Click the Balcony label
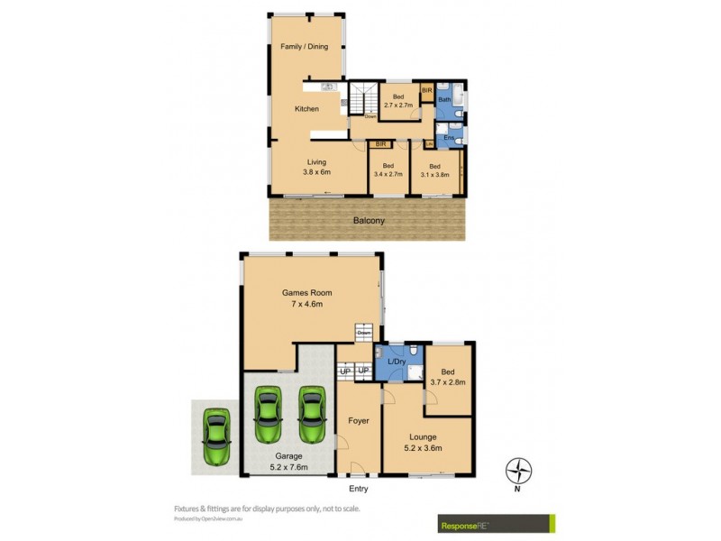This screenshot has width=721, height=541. click(x=368, y=220)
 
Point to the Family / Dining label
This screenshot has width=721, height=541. click(x=304, y=46)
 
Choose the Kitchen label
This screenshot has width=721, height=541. click(x=306, y=109)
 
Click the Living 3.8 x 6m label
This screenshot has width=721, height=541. click(x=316, y=167)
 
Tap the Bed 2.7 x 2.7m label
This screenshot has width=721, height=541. click(x=397, y=100)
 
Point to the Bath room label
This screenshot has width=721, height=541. click(x=444, y=100)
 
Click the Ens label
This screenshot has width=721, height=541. click(x=448, y=138)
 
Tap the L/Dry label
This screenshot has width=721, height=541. click(x=396, y=362)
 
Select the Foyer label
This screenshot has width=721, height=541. click(x=358, y=420)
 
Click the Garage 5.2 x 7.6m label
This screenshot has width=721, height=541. click(x=287, y=462)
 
